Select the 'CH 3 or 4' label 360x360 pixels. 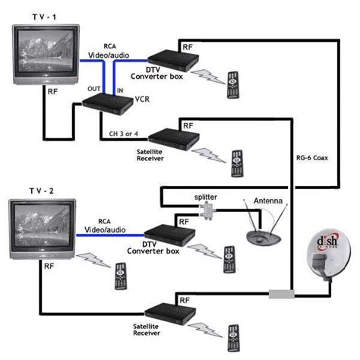pyautogui.click(x=120, y=135)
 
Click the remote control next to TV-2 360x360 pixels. pyautogui.click(x=119, y=277)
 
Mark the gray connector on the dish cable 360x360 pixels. pyautogui.click(x=280, y=292)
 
